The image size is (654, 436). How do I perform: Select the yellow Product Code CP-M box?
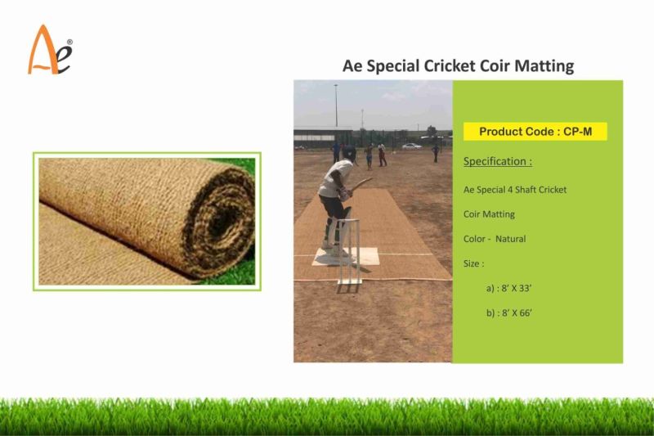pos(535,131)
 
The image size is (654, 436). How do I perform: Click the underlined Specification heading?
pos(498,161)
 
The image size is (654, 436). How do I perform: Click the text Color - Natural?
pos(495,239)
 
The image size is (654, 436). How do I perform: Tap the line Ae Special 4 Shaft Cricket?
pos(515,190)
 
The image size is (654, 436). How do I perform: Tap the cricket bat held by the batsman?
pos(359,185)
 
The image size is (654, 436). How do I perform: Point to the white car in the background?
pos(412,146)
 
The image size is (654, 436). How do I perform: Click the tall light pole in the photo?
pos(335,106)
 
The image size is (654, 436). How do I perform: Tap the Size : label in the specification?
pos(474,263)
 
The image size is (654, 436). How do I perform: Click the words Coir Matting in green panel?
pos(489,214)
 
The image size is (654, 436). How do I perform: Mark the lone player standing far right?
pos(435,153)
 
